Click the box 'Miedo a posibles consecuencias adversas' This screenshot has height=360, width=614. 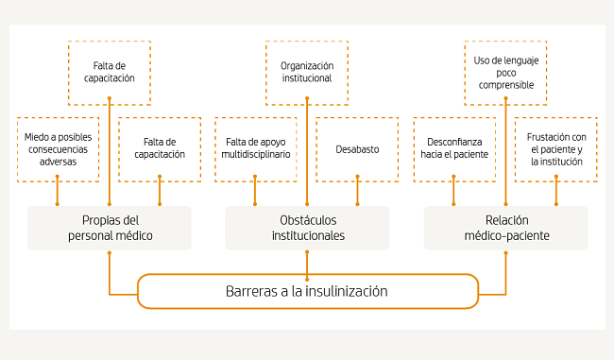(58, 149)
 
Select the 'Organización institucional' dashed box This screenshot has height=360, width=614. (306, 72)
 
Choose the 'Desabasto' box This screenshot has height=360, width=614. (356, 149)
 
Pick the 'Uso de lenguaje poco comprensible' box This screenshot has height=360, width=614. (505, 72)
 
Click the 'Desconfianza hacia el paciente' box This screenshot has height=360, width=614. (454, 149)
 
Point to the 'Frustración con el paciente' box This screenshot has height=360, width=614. (556, 149)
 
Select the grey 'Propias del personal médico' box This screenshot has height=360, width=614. (110, 228)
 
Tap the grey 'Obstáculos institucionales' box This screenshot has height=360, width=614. (307, 228)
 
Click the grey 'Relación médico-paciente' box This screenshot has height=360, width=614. (505, 228)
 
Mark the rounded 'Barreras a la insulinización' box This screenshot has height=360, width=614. (307, 291)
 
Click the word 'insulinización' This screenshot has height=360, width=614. (345, 291)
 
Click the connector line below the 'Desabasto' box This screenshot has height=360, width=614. (356, 194)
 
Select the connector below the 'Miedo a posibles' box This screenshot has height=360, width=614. (58, 194)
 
